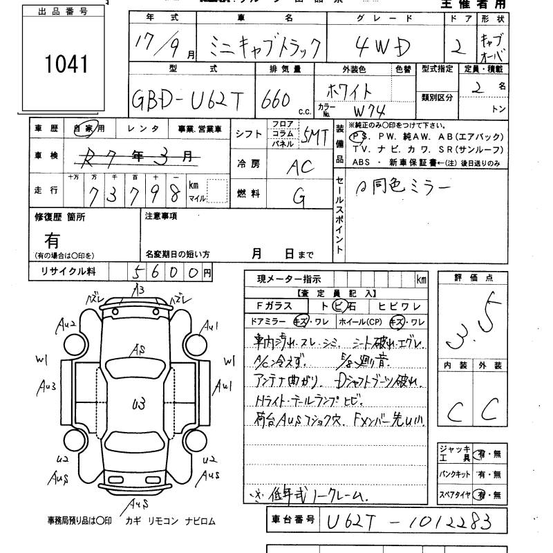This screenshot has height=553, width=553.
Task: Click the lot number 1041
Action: click(x=66, y=65)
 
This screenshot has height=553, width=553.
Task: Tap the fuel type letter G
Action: click(x=299, y=197)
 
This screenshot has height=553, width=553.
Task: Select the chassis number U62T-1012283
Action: click(x=409, y=520)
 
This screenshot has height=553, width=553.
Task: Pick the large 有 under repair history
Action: click(x=52, y=240)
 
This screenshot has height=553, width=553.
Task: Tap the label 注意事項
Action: click(x=161, y=216)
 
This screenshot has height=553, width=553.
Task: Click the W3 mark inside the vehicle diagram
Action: click(x=138, y=400)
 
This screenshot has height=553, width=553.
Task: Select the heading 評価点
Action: click(x=470, y=278)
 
